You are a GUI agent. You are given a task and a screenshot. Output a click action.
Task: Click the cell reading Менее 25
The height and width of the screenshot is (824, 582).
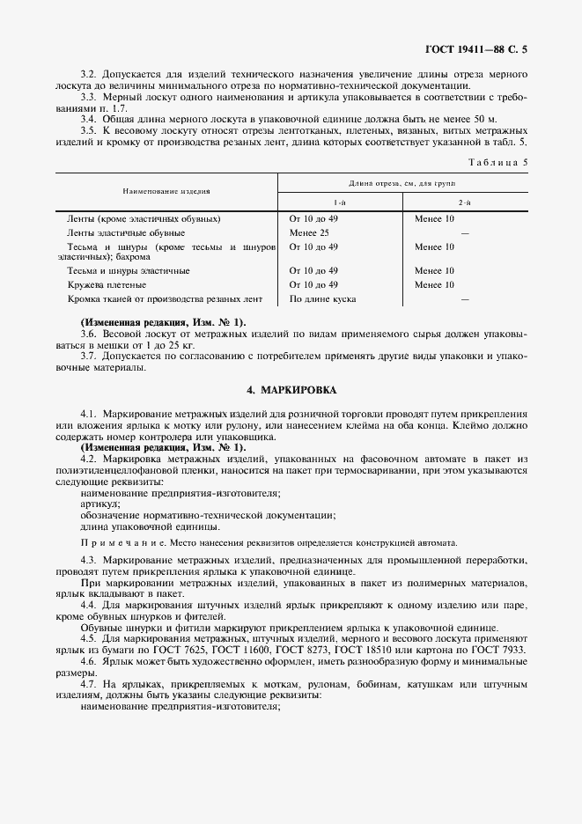pyautogui.click(x=309, y=232)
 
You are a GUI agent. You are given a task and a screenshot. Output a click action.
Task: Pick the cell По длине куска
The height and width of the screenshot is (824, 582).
pyautogui.click(x=322, y=298)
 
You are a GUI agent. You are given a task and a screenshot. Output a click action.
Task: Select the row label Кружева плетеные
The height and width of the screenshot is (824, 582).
pyautogui.click(x=107, y=285)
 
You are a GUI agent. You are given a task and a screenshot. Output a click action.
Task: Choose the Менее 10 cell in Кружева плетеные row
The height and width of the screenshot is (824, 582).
pyautogui.click(x=434, y=285)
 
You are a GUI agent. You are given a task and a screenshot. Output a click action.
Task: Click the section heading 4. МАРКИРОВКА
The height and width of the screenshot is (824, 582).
pyautogui.click(x=291, y=389)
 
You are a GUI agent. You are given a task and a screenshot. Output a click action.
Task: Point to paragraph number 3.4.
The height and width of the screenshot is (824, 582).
pyautogui.click(x=88, y=118)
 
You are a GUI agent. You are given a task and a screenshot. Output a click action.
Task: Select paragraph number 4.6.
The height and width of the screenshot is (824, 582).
pyautogui.click(x=88, y=660)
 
